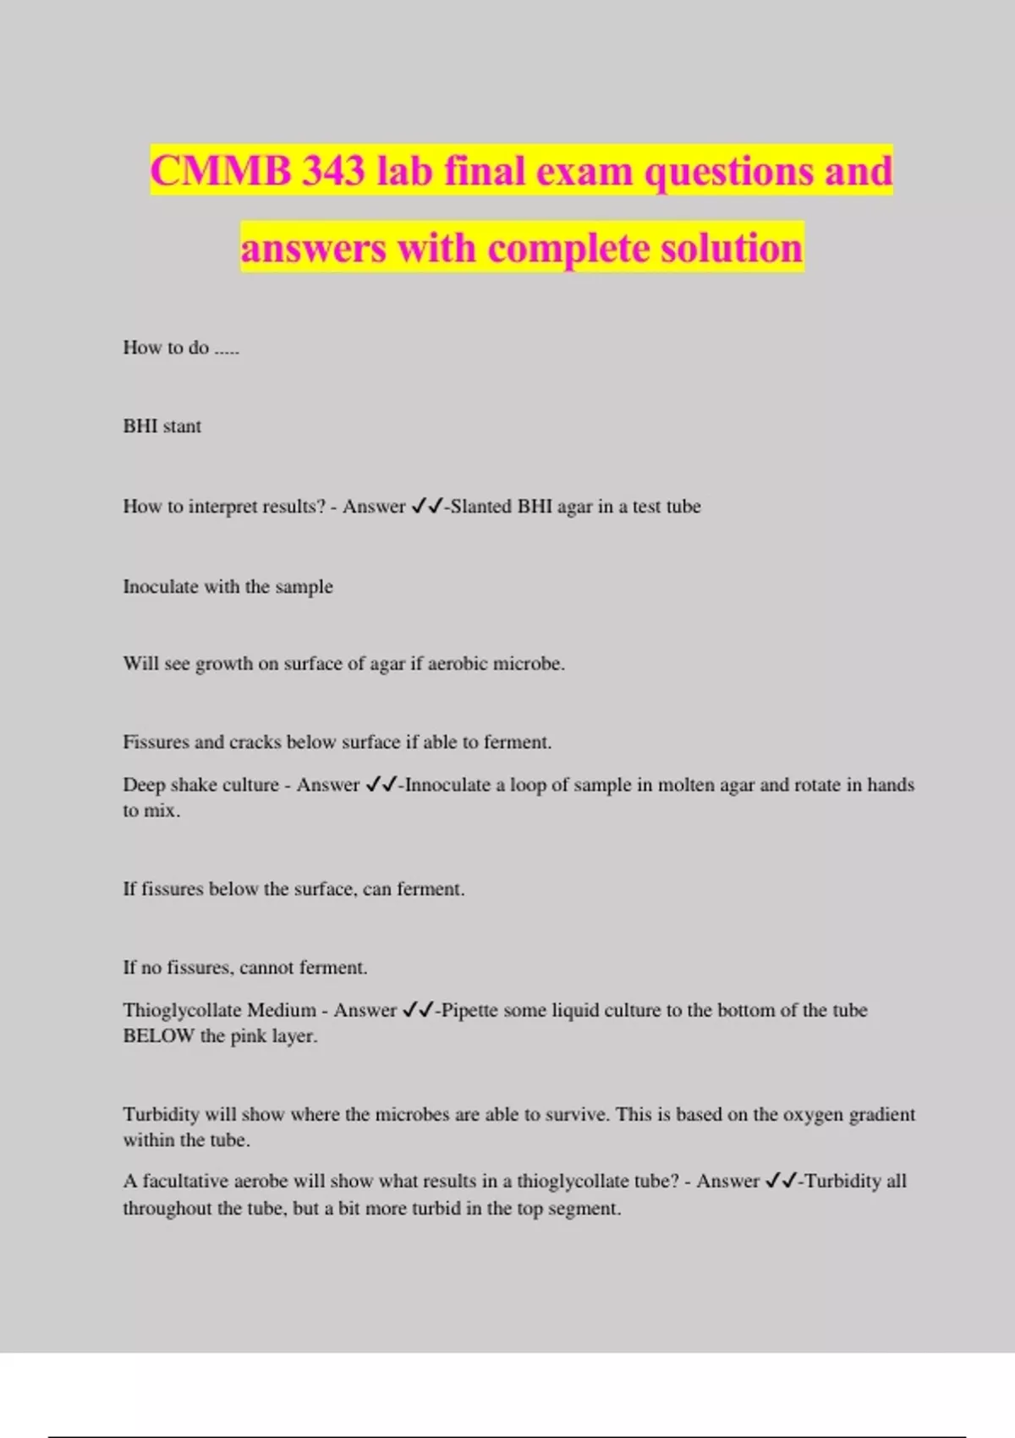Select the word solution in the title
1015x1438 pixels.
(731, 248)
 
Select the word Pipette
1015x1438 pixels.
(475, 1010)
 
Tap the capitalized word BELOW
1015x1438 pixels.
(158, 1036)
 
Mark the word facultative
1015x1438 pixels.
(184, 1181)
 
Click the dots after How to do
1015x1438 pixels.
(227, 349)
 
